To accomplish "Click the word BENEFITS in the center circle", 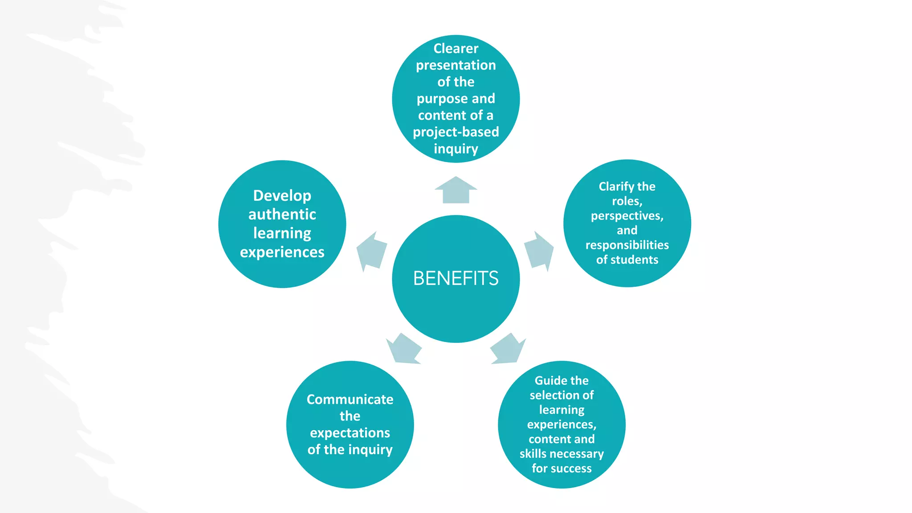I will [x=456, y=278].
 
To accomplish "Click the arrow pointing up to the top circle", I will [x=456, y=191].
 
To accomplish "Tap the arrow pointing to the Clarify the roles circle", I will [x=539, y=251].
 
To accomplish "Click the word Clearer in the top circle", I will [x=456, y=48].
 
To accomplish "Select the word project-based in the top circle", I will [x=456, y=132].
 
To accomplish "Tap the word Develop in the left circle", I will [x=282, y=195].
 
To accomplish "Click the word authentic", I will [x=282, y=215].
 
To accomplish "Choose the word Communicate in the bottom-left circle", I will [x=350, y=399].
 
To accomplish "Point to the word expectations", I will [x=350, y=433].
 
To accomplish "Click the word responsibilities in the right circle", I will [x=627, y=245].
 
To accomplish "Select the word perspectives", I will [x=627, y=216].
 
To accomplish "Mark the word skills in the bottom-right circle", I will [x=532, y=454].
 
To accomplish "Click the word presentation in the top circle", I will [x=456, y=65].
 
